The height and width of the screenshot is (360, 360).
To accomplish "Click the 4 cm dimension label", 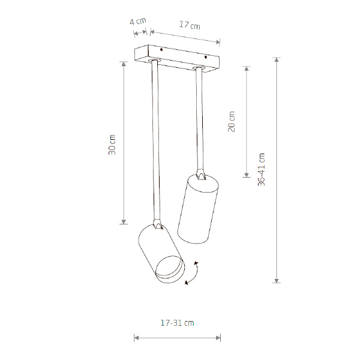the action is click(x=138, y=22).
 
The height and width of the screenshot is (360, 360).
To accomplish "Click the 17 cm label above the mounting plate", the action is click(x=190, y=25).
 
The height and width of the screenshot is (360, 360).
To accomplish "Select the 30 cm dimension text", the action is click(x=112, y=145).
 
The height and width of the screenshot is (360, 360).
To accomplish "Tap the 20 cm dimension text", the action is click(x=232, y=121).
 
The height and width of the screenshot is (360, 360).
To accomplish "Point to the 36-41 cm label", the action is click(x=261, y=169).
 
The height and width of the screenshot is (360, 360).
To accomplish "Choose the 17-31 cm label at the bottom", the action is click(x=177, y=323).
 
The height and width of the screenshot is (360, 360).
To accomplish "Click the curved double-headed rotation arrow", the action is click(x=193, y=273).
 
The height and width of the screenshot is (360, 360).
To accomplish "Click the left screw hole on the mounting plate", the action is click(x=161, y=50).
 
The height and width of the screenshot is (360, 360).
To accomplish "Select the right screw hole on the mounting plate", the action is click(x=206, y=57).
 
